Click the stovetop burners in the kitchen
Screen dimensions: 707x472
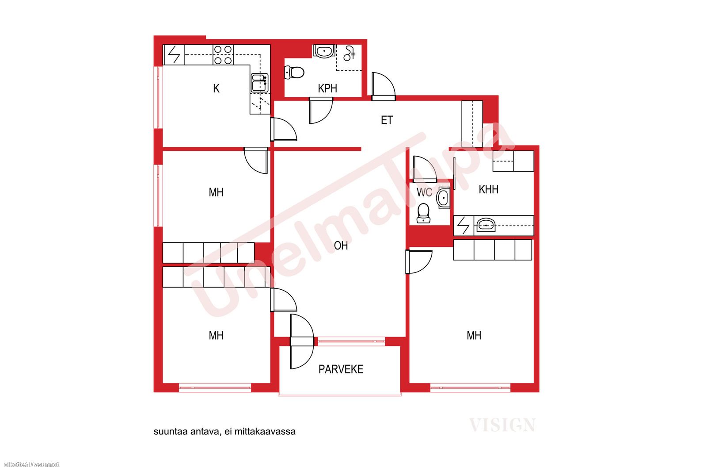223,55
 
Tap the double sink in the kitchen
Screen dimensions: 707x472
259,83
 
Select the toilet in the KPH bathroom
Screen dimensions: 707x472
294,73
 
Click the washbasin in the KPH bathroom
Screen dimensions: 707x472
324,51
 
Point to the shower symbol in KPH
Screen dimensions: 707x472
350,53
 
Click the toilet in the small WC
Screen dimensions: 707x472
423,213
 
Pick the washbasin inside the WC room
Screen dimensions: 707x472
443,198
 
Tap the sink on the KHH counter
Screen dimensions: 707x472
486,225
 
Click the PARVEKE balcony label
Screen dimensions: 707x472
341,369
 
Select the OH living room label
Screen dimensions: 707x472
341,246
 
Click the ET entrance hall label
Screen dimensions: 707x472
387,120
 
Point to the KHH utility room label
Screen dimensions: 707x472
489,189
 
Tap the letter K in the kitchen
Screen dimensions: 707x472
216,88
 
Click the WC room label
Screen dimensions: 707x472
424,192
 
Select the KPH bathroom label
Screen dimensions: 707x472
327,88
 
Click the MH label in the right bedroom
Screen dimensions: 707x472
474,335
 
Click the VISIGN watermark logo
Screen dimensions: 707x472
502,425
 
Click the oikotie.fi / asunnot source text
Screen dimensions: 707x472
31,464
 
